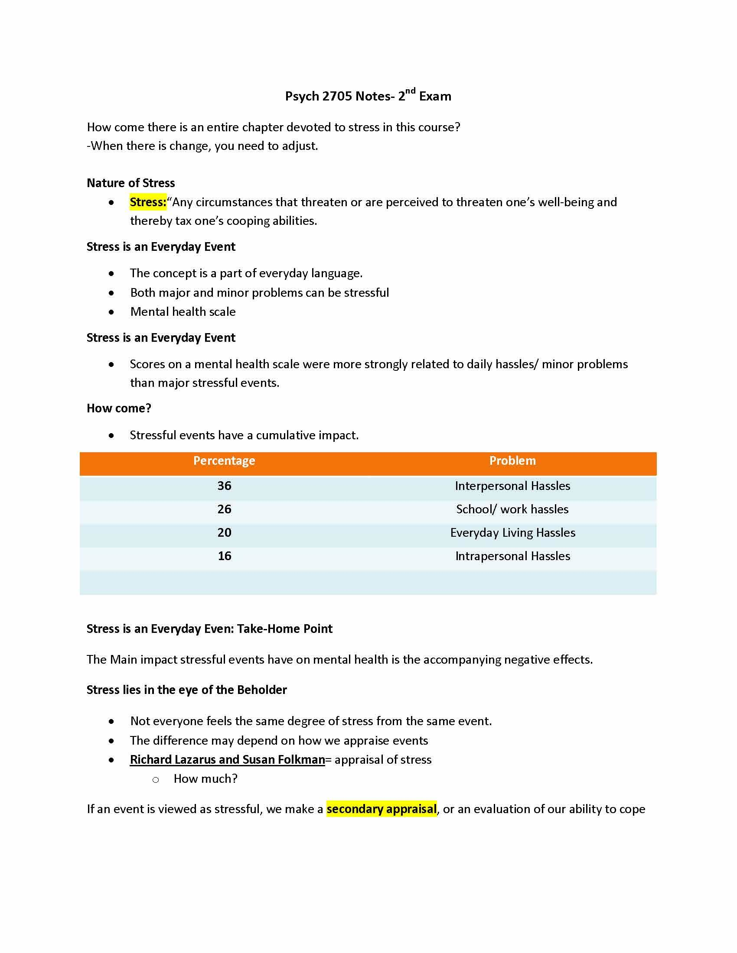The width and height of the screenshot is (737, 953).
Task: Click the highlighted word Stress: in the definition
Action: pos(148,202)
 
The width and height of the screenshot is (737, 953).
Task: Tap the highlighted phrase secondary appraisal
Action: pos(381,809)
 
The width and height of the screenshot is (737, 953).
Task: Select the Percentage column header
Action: pos(224,461)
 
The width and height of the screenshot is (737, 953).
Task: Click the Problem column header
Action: pos(512,461)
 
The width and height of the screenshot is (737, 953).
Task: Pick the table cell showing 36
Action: pos(224,486)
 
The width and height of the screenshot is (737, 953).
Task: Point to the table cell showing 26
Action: pos(224,509)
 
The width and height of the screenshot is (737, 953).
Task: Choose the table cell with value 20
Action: pos(224,532)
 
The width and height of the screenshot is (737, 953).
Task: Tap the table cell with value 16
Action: pos(224,556)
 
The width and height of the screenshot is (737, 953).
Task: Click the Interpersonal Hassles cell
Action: pos(512,486)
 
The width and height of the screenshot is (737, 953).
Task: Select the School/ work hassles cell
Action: pos(512,509)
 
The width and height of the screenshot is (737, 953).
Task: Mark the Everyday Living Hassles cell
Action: pos(512,532)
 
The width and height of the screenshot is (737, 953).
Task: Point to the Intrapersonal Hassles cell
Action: pos(512,556)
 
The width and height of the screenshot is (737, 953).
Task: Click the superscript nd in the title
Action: pos(410,91)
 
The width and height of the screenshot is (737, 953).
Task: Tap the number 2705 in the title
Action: pos(337,96)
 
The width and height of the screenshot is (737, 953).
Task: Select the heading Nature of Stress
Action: pos(130,183)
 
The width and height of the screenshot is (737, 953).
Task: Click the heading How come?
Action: pos(119,408)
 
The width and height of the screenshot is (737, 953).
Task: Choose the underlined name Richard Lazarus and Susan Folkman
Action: pos(227,759)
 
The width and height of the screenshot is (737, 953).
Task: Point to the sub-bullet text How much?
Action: pos(205,778)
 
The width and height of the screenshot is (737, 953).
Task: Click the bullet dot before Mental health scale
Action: pos(112,312)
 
